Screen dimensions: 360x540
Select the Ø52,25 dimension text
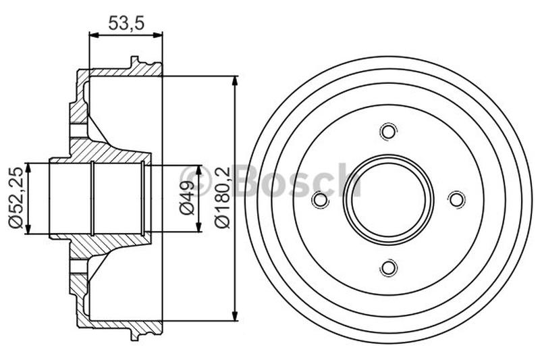(14, 198)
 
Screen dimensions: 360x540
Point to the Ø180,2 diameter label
(221, 198)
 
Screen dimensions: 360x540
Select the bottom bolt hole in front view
(387, 267)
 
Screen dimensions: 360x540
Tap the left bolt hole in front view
(319, 199)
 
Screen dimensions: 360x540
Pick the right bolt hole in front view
(456, 199)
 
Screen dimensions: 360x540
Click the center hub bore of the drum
(387, 199)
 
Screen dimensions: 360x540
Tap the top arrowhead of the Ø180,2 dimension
(235, 81)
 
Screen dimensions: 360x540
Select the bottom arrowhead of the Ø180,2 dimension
(235, 316)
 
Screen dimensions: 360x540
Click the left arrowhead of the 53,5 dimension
(93, 34)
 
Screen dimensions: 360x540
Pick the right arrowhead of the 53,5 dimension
(159, 34)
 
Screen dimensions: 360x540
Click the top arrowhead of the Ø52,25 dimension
(28, 166)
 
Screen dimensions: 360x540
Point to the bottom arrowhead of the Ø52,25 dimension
(28, 230)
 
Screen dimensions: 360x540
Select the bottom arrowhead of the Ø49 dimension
(198, 228)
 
